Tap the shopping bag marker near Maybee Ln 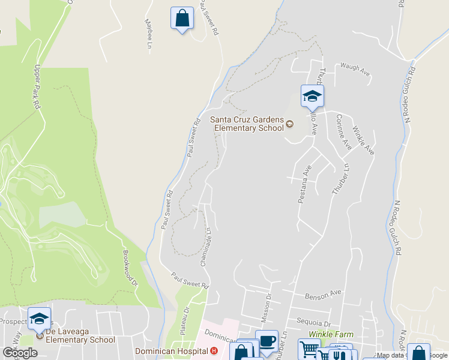182,19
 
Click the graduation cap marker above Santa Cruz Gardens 312,96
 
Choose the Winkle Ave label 363,140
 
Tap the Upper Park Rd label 37,86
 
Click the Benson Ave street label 323,295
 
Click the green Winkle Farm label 328,334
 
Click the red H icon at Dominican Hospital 213,351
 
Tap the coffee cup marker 267,341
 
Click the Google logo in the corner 20,353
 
